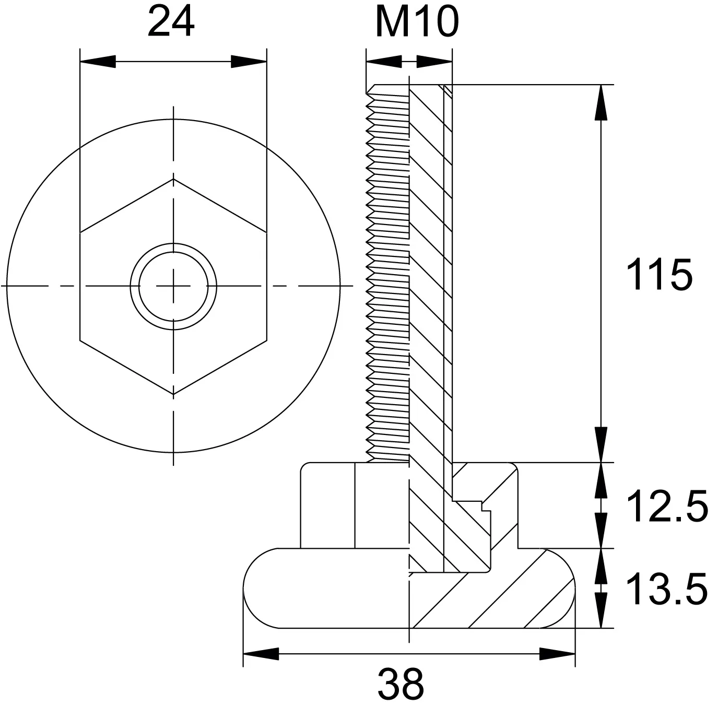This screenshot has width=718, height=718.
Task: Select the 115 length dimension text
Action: tap(659, 275)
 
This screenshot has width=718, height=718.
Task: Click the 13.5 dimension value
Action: tap(667, 590)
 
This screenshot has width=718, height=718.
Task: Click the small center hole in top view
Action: tap(173, 286)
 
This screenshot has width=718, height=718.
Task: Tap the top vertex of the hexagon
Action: tap(173, 179)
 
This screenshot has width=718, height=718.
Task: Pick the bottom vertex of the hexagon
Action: tap(173, 394)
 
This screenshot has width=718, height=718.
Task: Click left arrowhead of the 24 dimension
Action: tap(98, 62)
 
